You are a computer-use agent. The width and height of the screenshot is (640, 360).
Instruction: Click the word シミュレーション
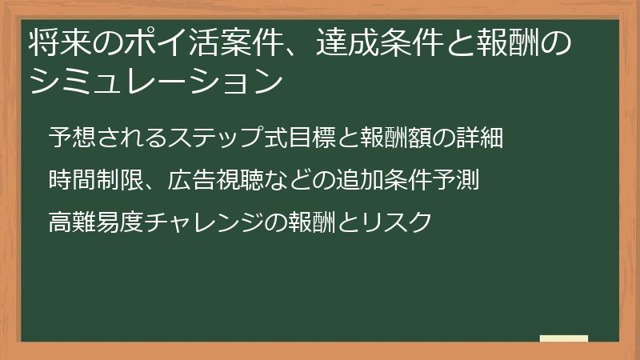point(156,81)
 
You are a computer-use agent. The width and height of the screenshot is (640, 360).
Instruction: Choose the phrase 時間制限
point(87,180)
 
